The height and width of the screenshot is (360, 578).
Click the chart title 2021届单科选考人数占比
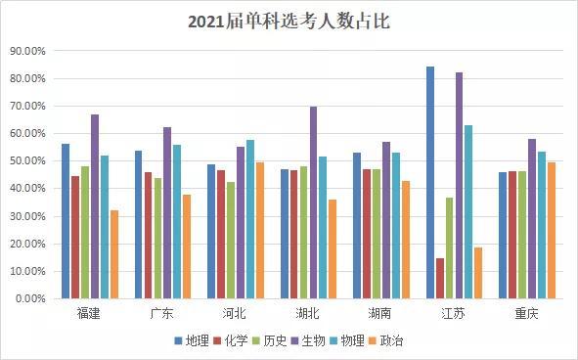(x=289, y=22)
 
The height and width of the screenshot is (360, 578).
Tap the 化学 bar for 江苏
(x=440, y=278)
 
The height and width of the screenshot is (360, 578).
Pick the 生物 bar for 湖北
(x=313, y=202)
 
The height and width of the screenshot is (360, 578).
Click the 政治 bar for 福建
(x=114, y=253)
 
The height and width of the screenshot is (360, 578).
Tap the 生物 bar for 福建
(x=95, y=205)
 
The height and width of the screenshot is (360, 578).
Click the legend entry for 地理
(x=192, y=340)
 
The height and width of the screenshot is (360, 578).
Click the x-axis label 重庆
(x=527, y=313)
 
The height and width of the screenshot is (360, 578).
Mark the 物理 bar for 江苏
(x=468, y=211)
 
